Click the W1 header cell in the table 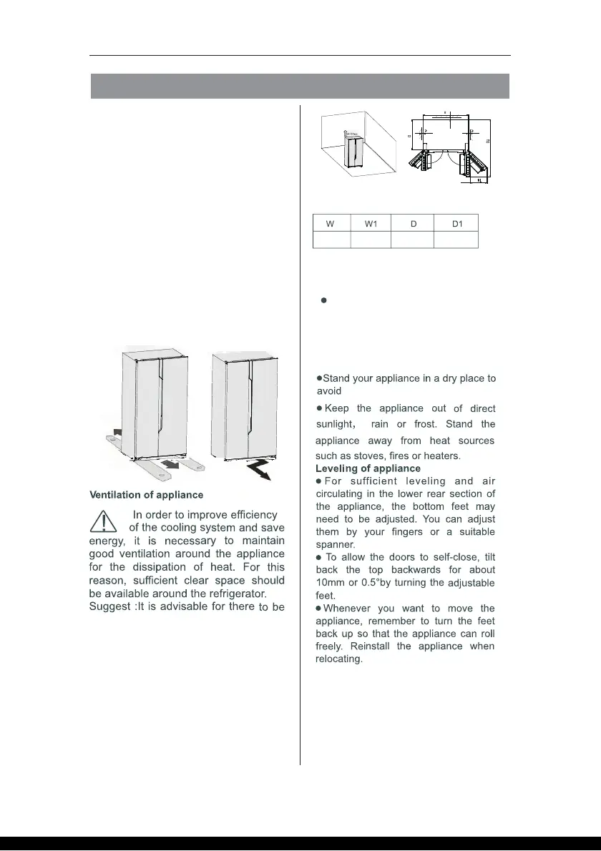371,223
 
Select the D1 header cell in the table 457,223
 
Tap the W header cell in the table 331,223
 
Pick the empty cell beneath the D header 413,240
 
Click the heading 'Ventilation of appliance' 146,494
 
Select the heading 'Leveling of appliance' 368,468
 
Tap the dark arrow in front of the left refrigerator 169,466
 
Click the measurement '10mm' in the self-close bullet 331,583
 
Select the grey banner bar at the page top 300,86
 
